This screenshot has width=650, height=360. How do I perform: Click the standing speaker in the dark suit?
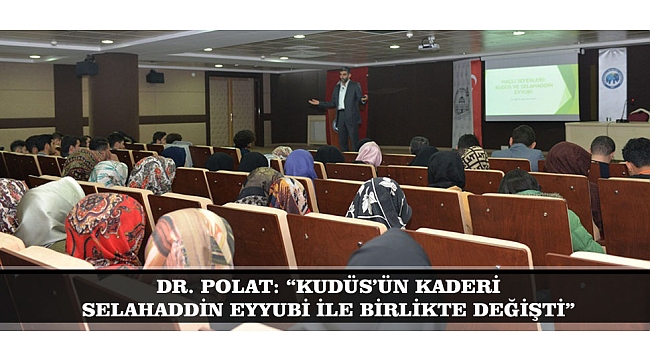click(x=345, y=108)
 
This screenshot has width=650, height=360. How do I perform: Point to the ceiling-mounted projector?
click(x=428, y=45)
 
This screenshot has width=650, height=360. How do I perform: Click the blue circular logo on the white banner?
click(x=611, y=78)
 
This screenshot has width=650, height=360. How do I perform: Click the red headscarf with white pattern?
click(x=106, y=228)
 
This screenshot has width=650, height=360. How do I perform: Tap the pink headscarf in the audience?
click(x=369, y=153)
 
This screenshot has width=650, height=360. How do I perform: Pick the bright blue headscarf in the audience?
click(x=299, y=164)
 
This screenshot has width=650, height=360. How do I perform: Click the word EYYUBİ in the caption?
click(x=266, y=310)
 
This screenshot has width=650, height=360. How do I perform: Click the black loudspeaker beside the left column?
click(x=87, y=67)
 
